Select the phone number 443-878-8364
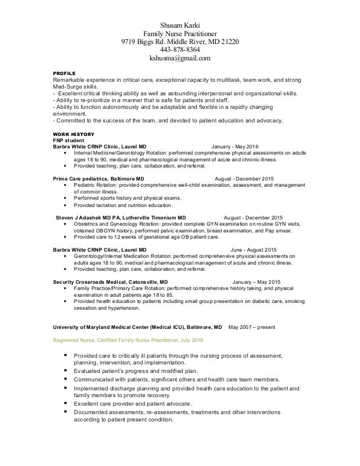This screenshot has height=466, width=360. point(180,49)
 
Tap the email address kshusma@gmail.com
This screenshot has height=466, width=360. point(180,58)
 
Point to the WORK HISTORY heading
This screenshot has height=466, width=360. point(71,133)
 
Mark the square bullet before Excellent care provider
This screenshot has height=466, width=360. point(67,403)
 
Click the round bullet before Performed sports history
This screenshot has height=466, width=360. point(68,198)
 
